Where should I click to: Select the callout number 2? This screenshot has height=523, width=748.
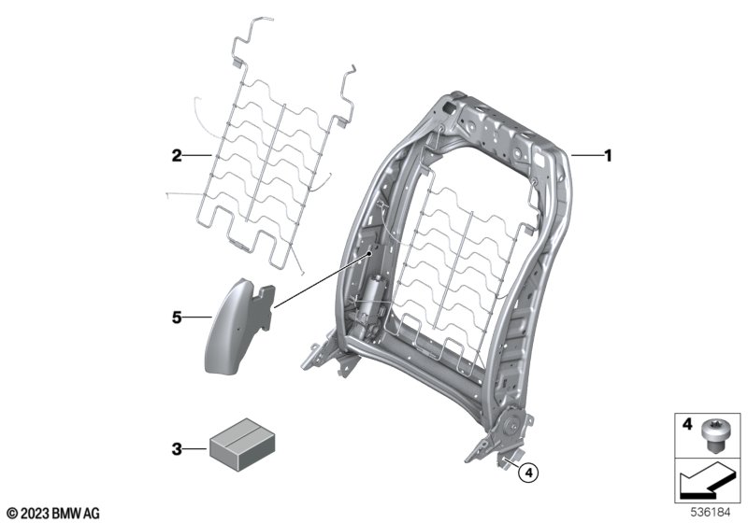tap(176, 157)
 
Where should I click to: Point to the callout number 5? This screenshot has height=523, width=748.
tap(176, 318)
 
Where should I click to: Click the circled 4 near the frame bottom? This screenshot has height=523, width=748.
tap(528, 473)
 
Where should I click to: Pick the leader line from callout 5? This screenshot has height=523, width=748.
tap(196, 318)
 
